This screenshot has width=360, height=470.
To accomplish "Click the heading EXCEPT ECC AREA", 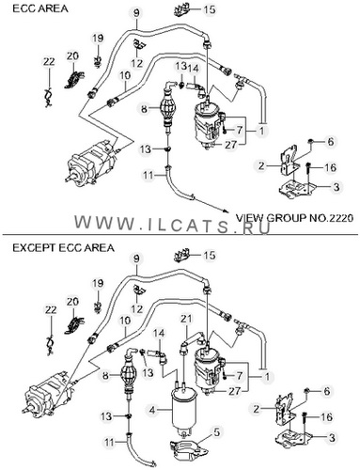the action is click(63, 248).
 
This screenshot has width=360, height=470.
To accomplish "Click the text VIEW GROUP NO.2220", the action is click(294, 218).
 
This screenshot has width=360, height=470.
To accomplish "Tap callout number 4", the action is click(151, 410).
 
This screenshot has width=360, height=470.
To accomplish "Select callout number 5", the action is click(216, 432).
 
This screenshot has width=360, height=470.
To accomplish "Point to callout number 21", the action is click(186, 320).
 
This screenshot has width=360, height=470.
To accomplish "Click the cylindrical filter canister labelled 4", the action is click(183, 410).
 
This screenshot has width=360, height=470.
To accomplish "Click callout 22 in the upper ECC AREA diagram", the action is click(49, 62).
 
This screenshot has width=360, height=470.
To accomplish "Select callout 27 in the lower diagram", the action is click(234, 391).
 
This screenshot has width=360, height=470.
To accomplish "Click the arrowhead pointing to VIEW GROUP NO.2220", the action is click(225, 211).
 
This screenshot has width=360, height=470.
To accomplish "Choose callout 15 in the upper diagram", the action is click(210, 9).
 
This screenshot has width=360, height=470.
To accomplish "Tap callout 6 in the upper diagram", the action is click(330, 142).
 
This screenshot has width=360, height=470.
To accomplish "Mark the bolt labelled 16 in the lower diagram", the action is click(305, 421).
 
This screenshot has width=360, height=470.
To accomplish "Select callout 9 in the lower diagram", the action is click(136, 258).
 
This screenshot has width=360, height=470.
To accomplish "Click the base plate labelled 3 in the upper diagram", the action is click(296, 189).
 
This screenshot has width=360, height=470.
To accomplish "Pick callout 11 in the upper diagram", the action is click(148, 175).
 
